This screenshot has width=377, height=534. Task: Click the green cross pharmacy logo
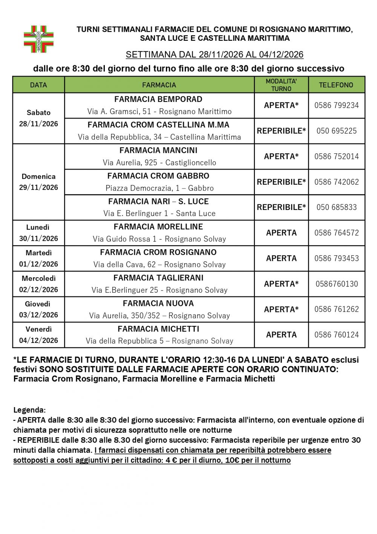(39, 39)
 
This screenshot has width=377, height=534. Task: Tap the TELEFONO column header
(336, 85)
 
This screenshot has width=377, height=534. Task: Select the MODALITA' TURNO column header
(281, 85)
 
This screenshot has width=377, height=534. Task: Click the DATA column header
(38, 85)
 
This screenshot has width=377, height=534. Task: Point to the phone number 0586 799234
(336, 105)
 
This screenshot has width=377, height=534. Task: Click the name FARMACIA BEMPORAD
(158, 99)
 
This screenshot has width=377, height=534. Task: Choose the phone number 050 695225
(336, 131)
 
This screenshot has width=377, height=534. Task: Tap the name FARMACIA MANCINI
(158, 150)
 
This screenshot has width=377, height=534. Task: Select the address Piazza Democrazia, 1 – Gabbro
(159, 188)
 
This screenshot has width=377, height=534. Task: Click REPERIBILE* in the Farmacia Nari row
(281, 207)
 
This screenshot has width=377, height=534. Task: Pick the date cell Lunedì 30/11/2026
(38, 233)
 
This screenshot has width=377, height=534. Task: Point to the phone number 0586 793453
(336, 258)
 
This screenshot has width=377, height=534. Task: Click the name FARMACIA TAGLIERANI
(158, 278)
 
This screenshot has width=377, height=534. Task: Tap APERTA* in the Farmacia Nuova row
(281, 309)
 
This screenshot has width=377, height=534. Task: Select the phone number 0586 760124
(336, 335)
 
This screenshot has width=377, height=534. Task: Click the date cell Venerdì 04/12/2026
(38, 335)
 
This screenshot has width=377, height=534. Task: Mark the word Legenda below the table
(29, 410)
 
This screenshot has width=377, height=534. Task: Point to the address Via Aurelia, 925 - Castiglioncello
(159, 163)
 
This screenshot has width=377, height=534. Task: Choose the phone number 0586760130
(336, 284)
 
